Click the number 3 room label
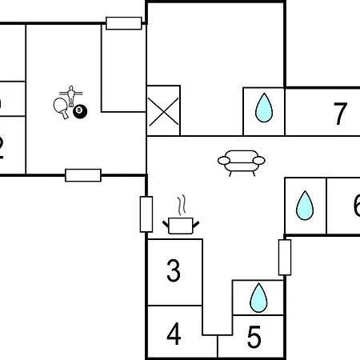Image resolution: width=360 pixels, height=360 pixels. click(x=174, y=271)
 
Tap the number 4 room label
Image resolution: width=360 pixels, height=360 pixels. click(x=174, y=334)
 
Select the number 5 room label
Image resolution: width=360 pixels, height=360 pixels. click(x=254, y=337)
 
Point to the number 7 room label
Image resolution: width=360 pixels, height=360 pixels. click(x=341, y=114)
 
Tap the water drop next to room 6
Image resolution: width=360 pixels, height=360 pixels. click(x=305, y=206)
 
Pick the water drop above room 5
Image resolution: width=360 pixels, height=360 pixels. click(x=258, y=298)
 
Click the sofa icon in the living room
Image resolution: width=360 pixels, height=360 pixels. click(x=241, y=162)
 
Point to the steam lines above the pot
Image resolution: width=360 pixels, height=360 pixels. click(x=183, y=203)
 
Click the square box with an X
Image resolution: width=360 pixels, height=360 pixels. click(x=163, y=110)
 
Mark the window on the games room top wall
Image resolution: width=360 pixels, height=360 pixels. click(x=124, y=23)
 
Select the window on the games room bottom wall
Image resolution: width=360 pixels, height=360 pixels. click(x=83, y=175)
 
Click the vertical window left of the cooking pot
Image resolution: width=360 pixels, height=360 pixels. click(x=146, y=214)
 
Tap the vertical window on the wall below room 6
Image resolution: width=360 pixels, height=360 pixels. click(x=284, y=257)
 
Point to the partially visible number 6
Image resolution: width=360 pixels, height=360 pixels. click(x=355, y=206)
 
